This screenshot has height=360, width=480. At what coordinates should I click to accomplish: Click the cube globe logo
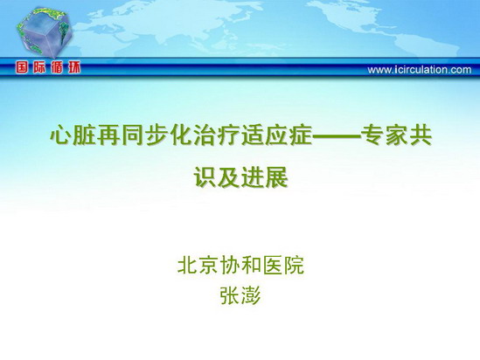[44, 33]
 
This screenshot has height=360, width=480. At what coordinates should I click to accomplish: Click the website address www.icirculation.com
[420, 70]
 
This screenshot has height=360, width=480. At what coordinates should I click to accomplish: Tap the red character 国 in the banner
[22, 67]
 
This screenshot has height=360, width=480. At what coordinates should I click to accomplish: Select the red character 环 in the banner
[74, 67]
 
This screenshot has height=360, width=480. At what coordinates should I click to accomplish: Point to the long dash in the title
[337, 136]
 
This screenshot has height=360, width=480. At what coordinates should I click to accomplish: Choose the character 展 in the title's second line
[277, 177]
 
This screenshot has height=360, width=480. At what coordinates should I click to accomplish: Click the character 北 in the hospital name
[188, 265]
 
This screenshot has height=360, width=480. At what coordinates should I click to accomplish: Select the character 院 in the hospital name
[294, 265]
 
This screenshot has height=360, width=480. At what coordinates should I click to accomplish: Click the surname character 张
[230, 295]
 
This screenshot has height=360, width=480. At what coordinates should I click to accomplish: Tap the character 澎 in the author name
[251, 295]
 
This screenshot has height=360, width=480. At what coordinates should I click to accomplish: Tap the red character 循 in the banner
[57, 67]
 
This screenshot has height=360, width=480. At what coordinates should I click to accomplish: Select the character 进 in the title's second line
[253, 177]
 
